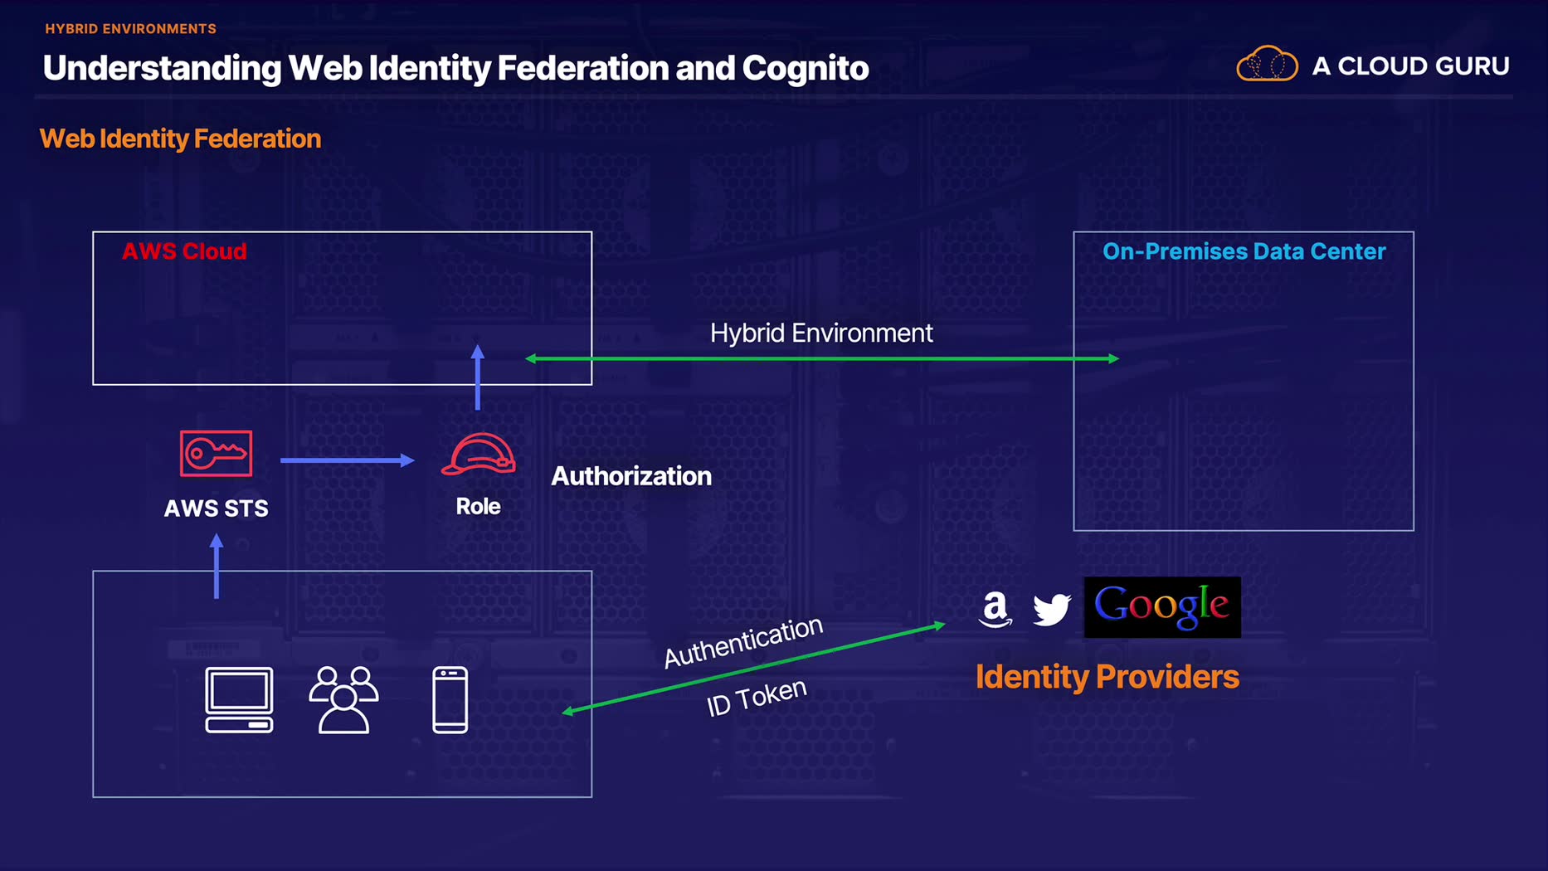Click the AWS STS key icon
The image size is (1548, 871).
pos(216,453)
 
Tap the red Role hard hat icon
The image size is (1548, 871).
pos(478,455)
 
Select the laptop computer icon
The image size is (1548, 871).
pos(239,700)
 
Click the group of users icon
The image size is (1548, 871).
pos(343,700)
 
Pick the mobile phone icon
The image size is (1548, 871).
pos(450,700)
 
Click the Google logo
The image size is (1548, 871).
pos(1161,607)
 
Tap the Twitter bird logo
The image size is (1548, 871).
pos(1051,609)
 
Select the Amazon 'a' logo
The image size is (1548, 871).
pos(995,609)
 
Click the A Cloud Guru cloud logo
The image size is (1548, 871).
pos(1267,64)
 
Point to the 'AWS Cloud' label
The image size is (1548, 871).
pos(184,251)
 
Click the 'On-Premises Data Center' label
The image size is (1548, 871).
pos(1244,251)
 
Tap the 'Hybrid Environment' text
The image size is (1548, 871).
pos(821,333)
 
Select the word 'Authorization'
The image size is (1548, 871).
pos(631,476)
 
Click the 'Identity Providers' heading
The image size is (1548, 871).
pos(1107,677)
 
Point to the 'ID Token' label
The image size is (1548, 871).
pos(756,697)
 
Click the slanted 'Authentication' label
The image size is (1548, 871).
pos(742,641)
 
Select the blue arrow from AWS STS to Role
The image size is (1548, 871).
pos(347,460)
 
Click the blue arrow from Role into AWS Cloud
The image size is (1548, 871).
pos(477,377)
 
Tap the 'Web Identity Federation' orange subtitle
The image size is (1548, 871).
pos(180,139)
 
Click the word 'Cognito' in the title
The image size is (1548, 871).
pos(805,68)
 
